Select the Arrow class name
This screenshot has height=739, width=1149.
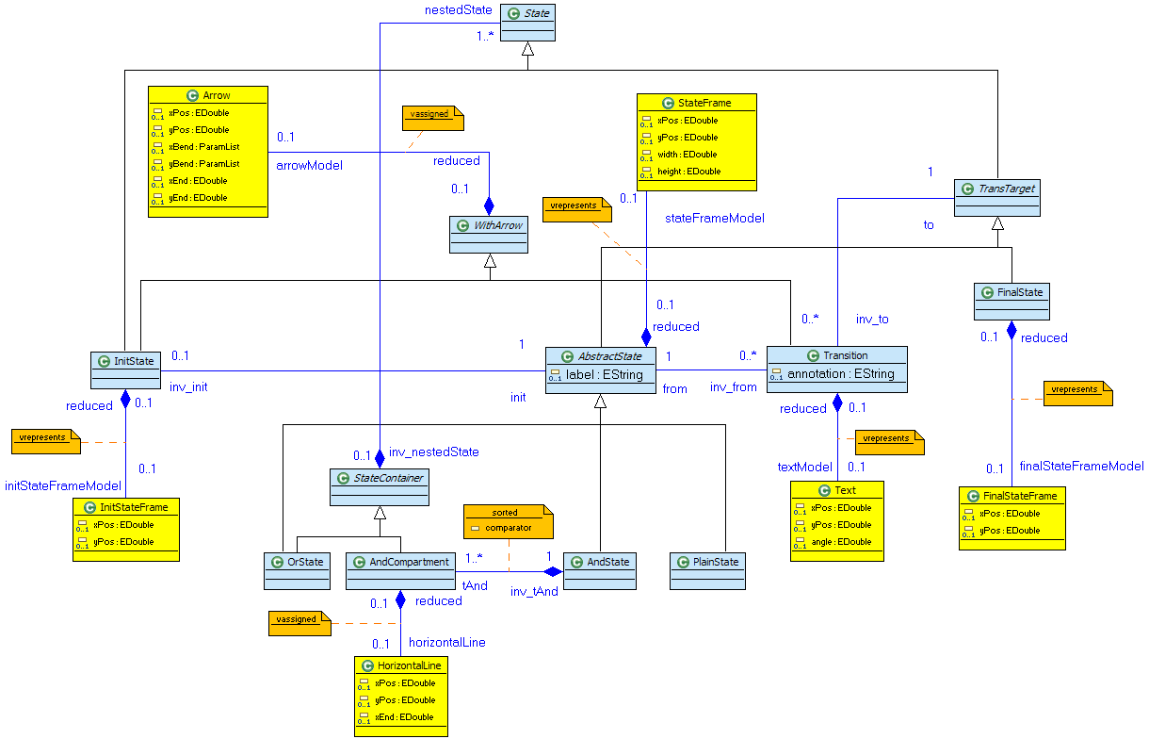pyautogui.click(x=216, y=95)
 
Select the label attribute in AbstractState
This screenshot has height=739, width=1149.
pyautogui.click(x=604, y=374)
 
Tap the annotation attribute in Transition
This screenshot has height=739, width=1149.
pyautogui.click(x=842, y=374)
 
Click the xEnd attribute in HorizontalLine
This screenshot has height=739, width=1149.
pyautogui.click(x=404, y=716)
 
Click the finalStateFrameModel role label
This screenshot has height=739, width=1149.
pyautogui.click(x=1081, y=466)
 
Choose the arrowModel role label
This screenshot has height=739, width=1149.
pyautogui.click(x=309, y=165)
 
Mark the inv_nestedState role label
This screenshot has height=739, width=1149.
pyautogui.click(x=433, y=452)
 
